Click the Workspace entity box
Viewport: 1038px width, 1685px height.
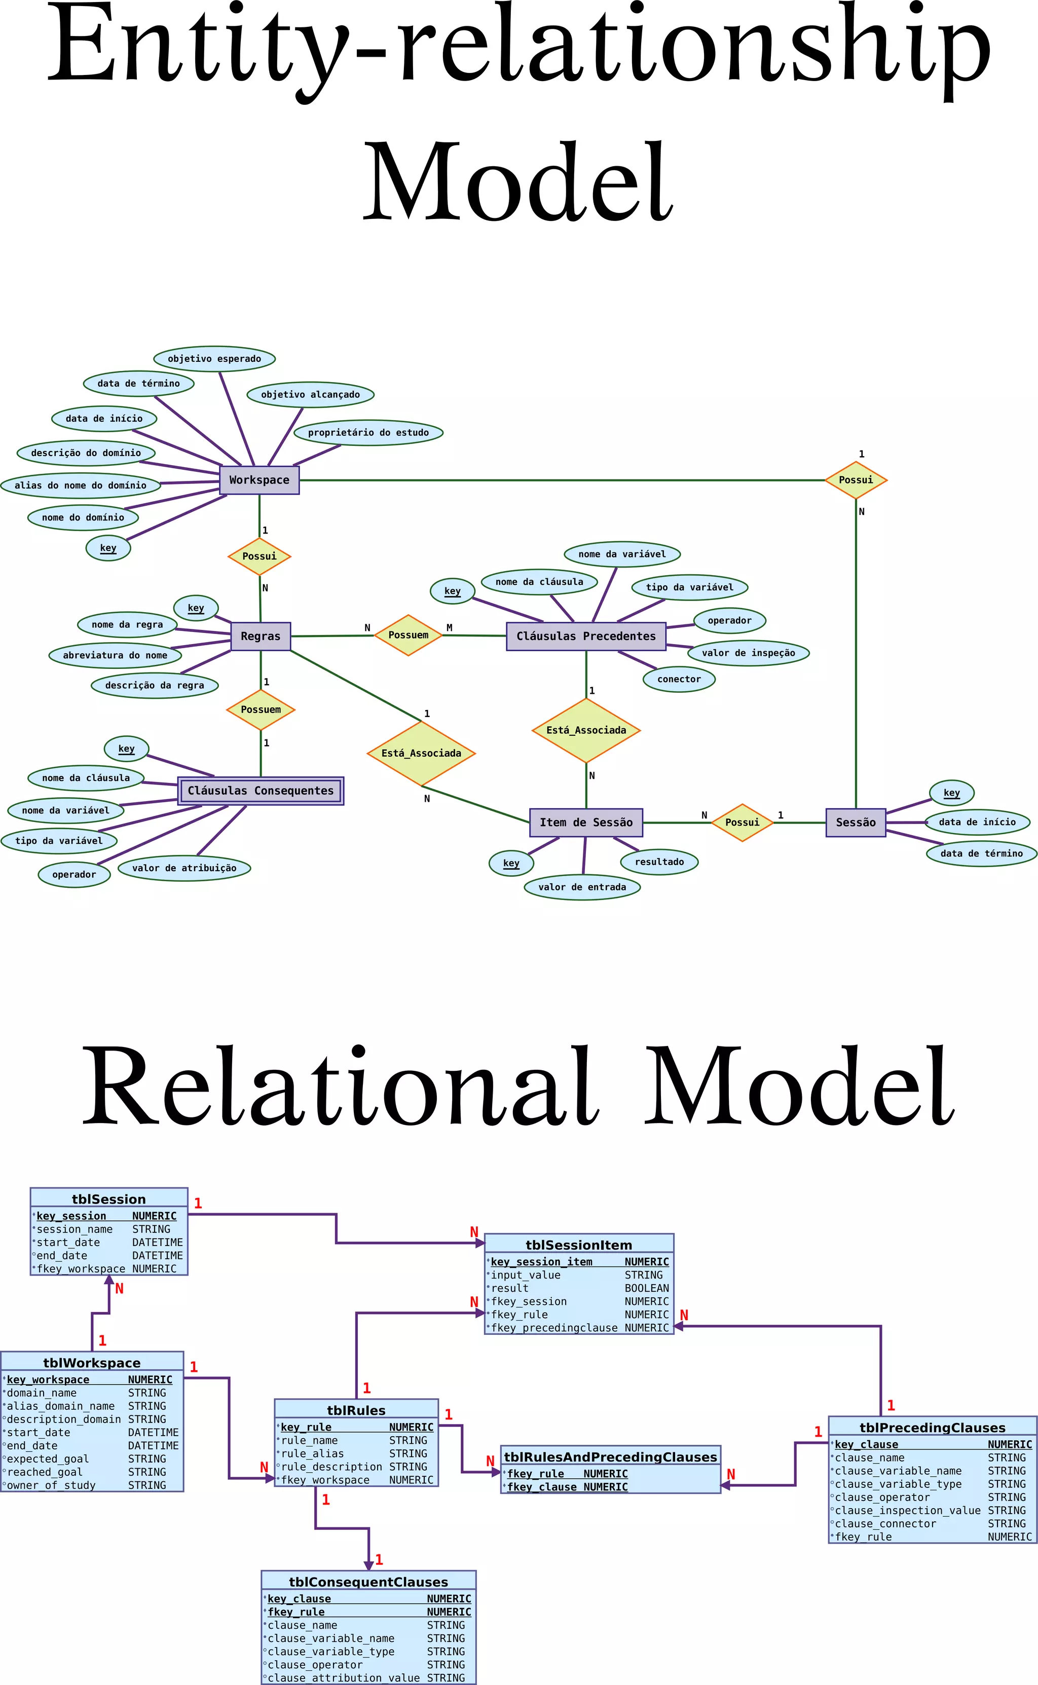pos(259,480)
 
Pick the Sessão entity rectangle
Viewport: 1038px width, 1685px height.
pos(856,822)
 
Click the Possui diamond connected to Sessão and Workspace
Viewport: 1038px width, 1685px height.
pos(856,480)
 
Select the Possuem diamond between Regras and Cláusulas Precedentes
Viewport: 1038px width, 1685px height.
pos(408,635)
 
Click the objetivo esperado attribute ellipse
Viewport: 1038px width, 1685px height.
pos(214,358)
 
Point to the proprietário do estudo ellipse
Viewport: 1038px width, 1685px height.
pos(368,432)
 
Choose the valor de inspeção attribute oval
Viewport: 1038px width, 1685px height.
pos(748,653)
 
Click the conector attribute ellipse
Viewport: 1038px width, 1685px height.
pos(679,679)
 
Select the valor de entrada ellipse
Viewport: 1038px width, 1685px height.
pos(582,887)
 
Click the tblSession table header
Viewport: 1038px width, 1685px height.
pos(108,1199)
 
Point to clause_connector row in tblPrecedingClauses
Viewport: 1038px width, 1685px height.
pos(932,1523)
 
